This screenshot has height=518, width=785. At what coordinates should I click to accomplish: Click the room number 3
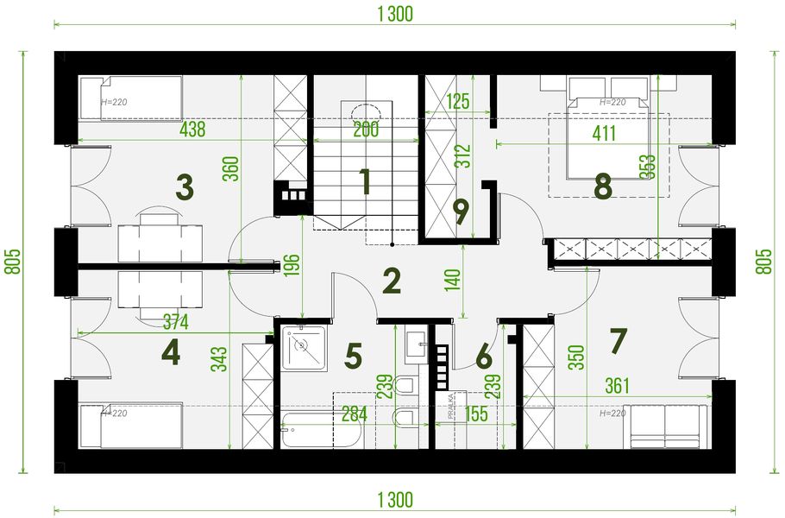(x=184, y=186)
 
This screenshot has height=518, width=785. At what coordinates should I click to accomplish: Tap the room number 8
(x=602, y=185)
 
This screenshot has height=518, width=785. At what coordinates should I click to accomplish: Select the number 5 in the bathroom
(x=352, y=356)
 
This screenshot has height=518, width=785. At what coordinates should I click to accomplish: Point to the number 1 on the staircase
(x=365, y=182)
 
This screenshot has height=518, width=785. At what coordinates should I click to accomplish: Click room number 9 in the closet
(x=461, y=212)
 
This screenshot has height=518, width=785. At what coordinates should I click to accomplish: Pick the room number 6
(x=483, y=355)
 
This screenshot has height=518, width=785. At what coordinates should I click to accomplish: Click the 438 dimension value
(x=192, y=130)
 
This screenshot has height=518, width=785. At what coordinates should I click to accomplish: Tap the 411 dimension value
(x=604, y=135)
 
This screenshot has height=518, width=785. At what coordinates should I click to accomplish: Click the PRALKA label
(x=451, y=405)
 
